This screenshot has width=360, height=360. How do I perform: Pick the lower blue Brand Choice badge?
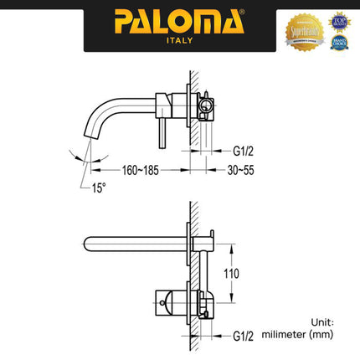tap(338, 42)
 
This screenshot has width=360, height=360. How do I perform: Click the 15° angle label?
tap(100, 188)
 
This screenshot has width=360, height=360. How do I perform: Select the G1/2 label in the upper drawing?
tap(244, 152)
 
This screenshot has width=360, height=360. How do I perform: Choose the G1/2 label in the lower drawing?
tap(244, 336)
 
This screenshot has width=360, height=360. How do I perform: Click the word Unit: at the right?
tap(321, 321)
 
